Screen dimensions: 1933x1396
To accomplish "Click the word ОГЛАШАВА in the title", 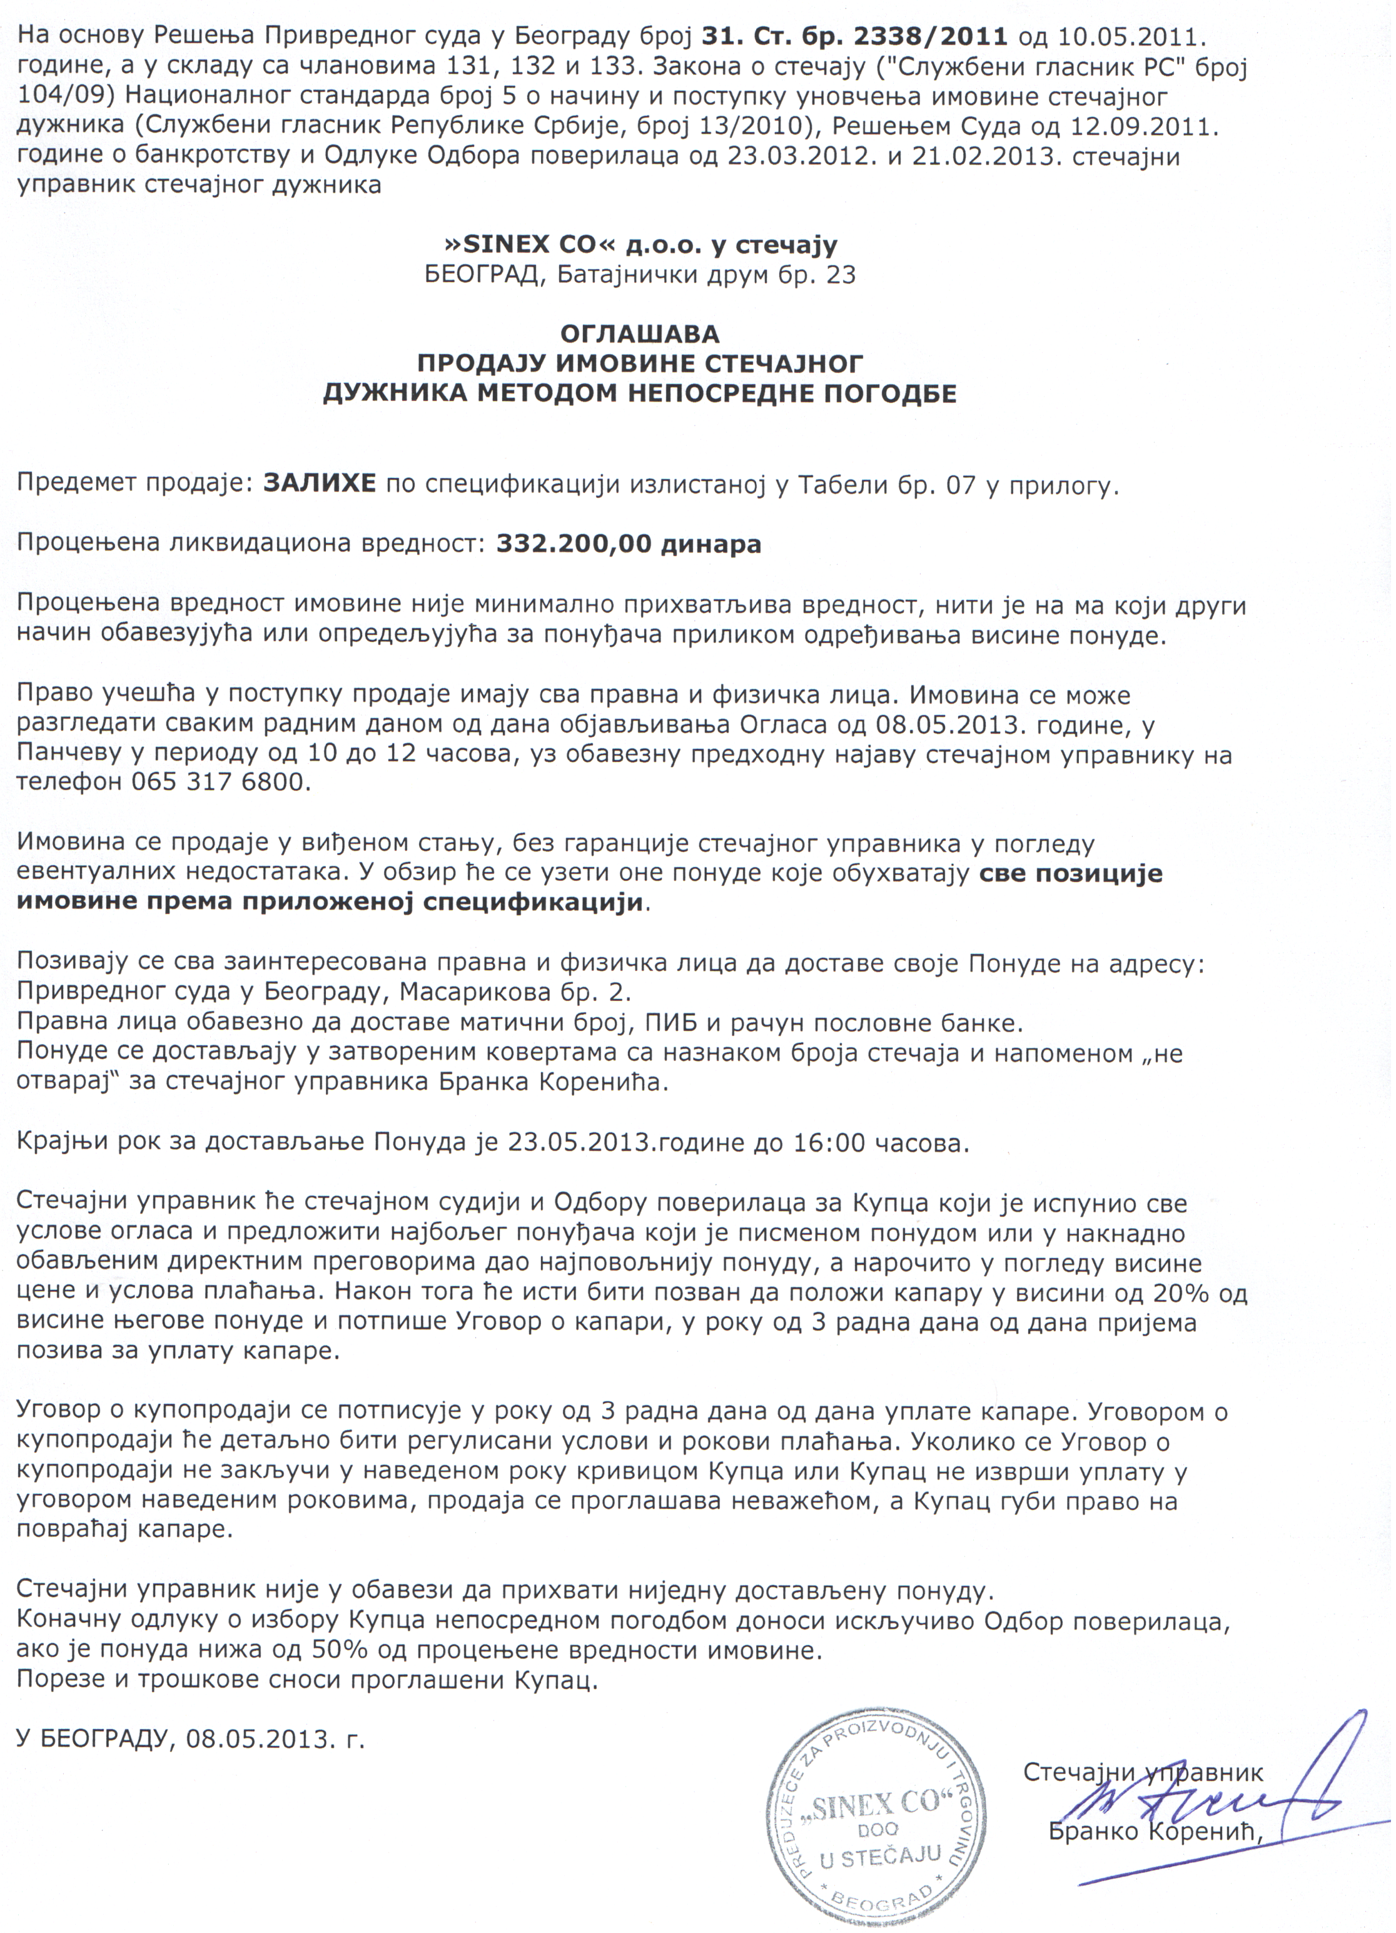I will (639, 332).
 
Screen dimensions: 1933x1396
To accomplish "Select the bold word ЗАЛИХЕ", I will (320, 483).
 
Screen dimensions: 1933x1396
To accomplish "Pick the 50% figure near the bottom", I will (315, 1649).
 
